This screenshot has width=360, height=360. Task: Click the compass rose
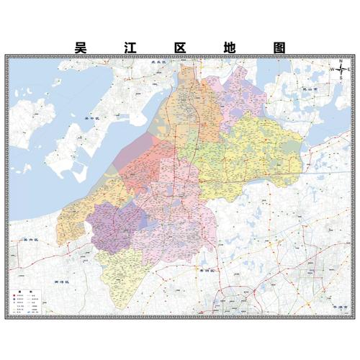[341, 71]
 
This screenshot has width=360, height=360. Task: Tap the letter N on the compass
[341, 62]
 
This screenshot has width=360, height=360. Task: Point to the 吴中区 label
[91, 117]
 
